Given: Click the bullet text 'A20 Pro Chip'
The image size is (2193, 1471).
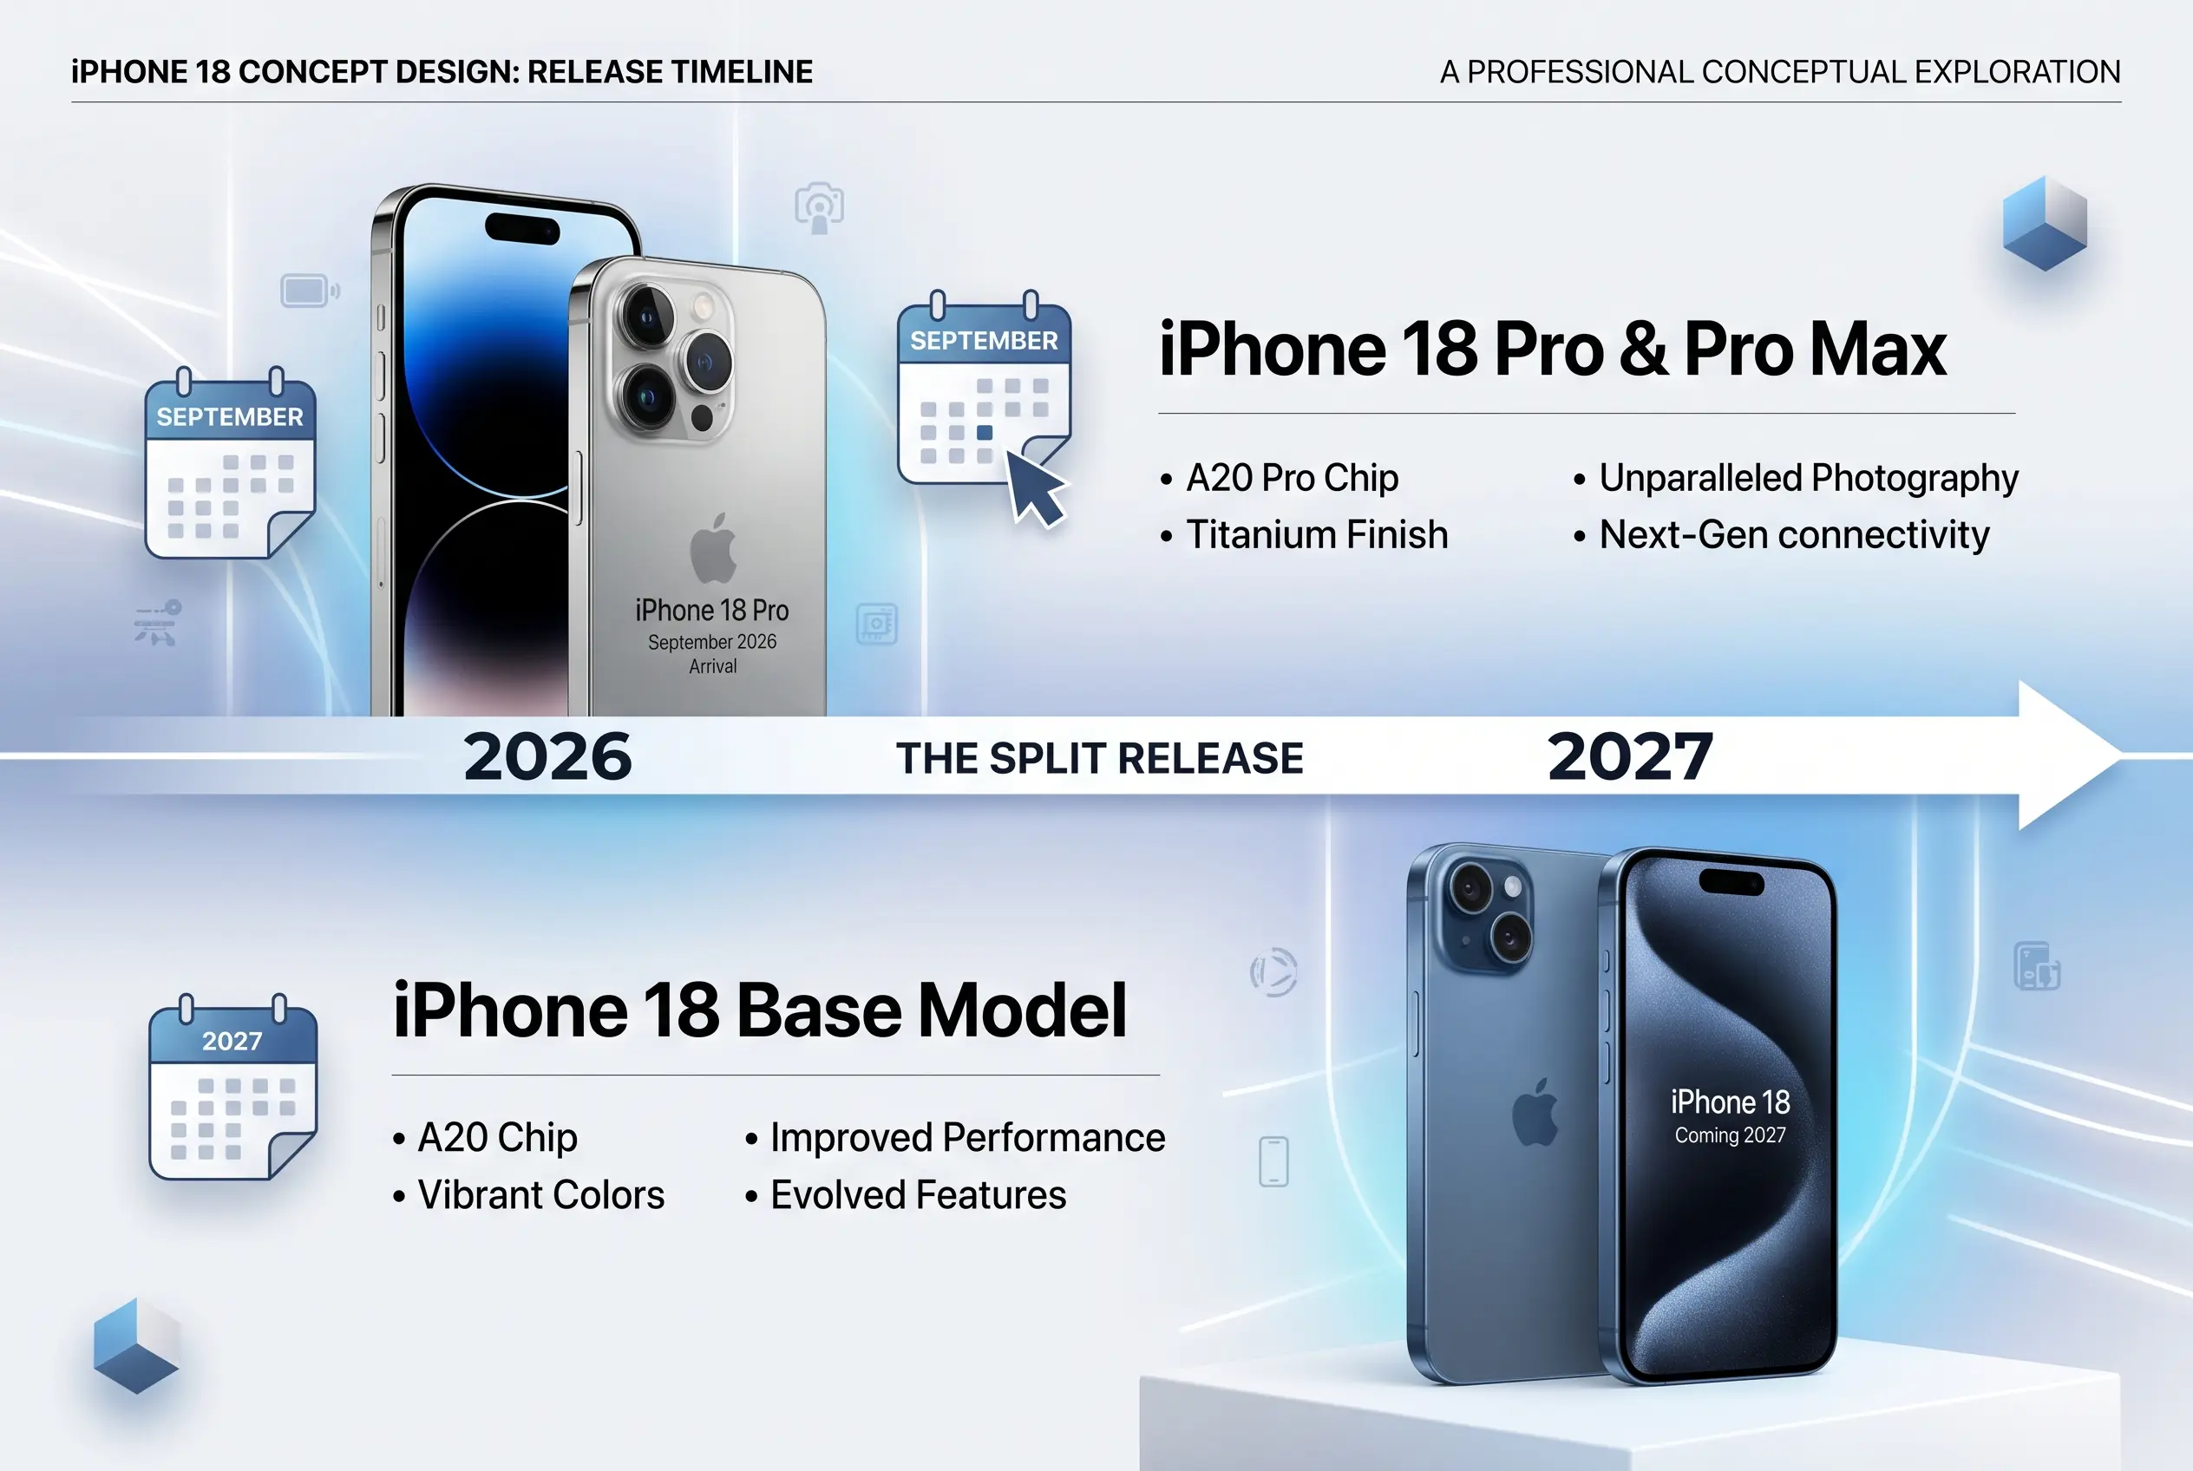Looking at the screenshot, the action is pyautogui.click(x=1293, y=478).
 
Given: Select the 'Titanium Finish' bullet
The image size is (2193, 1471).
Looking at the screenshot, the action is pyautogui.click(x=1318, y=535).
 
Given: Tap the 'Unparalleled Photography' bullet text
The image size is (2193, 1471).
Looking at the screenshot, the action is pyautogui.click(x=1808, y=479).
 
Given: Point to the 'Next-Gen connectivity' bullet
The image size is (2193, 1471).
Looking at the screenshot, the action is pyautogui.click(x=1794, y=535).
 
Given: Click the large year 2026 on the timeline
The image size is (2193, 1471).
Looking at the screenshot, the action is pyautogui.click(x=548, y=756).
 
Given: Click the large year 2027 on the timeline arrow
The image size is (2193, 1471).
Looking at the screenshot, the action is pyautogui.click(x=1630, y=756).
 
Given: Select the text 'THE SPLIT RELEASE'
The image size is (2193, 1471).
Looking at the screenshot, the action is pyautogui.click(x=1100, y=758).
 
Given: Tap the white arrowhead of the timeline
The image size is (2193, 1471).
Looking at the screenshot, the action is pyautogui.click(x=2065, y=755).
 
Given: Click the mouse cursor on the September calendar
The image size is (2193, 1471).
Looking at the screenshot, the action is pyautogui.click(x=1034, y=485).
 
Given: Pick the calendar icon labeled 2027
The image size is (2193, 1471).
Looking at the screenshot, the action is pyautogui.click(x=233, y=1087).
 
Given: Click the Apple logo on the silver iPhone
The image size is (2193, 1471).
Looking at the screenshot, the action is pyautogui.click(x=713, y=548).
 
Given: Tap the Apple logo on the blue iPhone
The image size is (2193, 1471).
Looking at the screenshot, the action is pyautogui.click(x=1536, y=1112).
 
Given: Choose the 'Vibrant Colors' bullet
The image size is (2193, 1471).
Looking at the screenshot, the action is pyautogui.click(x=540, y=1195).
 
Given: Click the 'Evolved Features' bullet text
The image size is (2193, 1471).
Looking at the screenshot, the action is pyautogui.click(x=918, y=1195).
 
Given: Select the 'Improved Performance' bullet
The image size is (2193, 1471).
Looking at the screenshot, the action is pyautogui.click(x=967, y=1138).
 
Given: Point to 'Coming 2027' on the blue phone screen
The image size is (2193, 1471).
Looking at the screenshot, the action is pyautogui.click(x=1731, y=1135).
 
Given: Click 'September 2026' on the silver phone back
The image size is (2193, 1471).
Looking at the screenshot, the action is pyautogui.click(x=712, y=642).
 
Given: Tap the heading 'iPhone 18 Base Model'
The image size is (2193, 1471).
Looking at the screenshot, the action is pyautogui.click(x=760, y=1010).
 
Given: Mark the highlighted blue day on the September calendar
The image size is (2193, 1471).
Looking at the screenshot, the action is pyautogui.click(x=985, y=433).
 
